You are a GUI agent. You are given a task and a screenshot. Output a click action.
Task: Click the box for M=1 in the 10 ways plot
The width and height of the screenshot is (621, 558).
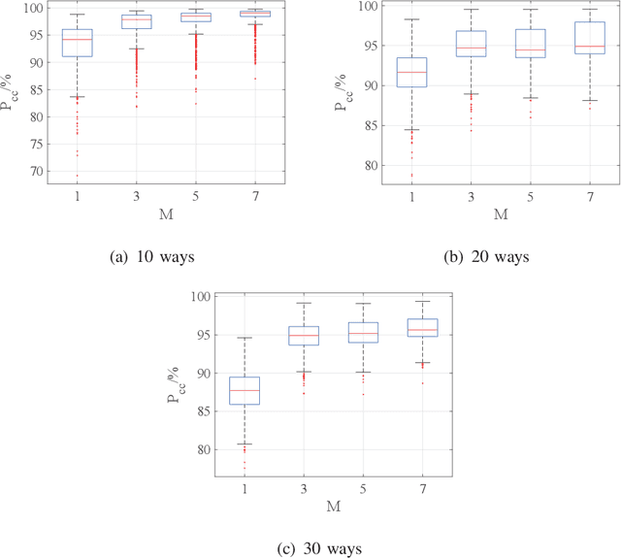[x=77, y=43]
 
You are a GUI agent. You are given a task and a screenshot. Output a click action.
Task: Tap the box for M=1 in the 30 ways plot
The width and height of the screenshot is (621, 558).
[x=244, y=391]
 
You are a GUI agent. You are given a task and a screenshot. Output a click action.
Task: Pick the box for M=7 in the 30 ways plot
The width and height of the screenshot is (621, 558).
[x=423, y=327]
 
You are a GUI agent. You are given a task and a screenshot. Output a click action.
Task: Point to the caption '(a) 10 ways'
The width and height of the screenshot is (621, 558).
[x=154, y=257]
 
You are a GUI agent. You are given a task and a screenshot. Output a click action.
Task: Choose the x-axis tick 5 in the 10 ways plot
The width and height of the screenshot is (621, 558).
[x=196, y=197]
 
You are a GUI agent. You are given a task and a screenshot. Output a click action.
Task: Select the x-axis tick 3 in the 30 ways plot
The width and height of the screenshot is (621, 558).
[x=304, y=488]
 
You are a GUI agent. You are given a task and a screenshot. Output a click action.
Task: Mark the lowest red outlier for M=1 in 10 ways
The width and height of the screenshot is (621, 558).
[x=77, y=176]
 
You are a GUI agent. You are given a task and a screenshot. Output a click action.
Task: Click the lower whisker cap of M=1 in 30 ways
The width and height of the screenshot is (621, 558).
[x=244, y=444]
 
